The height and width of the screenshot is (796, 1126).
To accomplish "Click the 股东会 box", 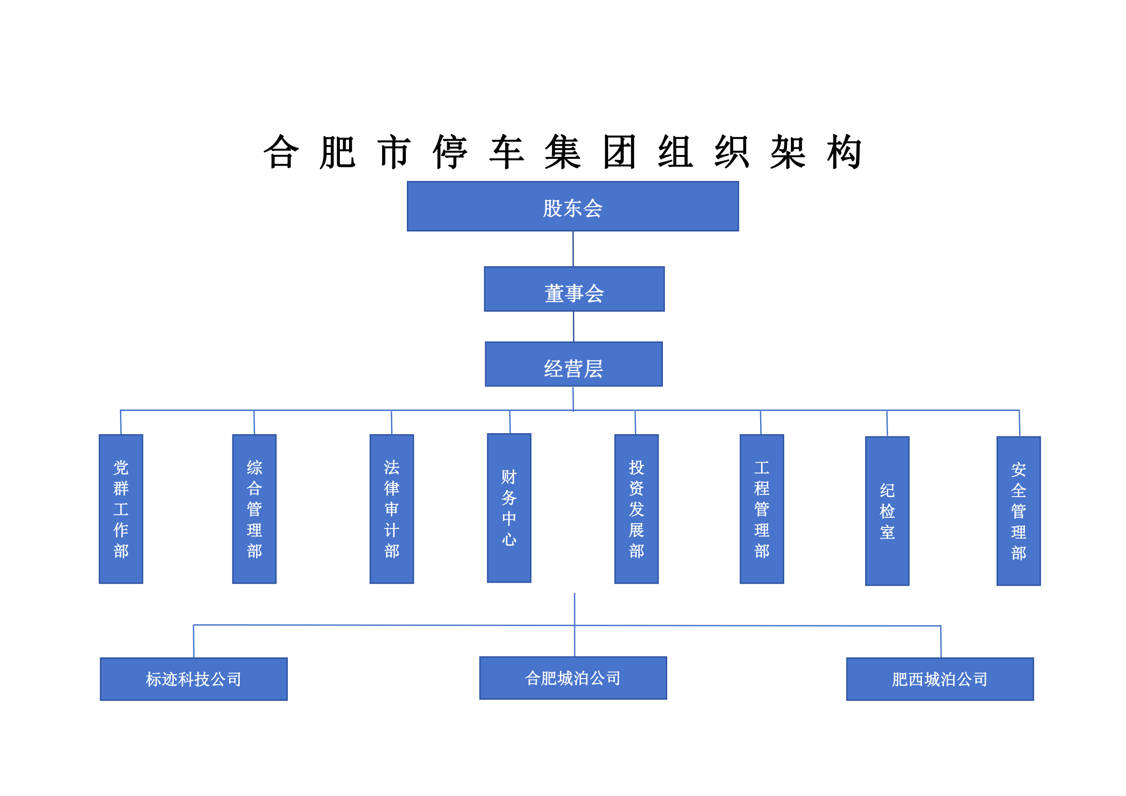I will click(x=573, y=206).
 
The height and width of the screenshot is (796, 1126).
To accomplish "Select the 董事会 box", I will click(x=574, y=289).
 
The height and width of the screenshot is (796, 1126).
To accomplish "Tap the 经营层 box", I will click(x=574, y=364).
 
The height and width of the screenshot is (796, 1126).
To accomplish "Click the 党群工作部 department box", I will click(x=121, y=509).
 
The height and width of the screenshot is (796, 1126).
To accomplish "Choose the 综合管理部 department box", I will click(x=255, y=509).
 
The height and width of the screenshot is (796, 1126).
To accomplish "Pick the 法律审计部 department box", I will click(x=392, y=509).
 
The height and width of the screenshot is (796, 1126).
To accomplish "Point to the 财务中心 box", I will click(x=509, y=508).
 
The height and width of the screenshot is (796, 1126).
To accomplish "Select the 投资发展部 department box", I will click(x=636, y=509).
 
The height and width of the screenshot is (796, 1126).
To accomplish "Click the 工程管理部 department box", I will click(x=762, y=509).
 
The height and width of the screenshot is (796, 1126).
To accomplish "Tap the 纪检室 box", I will click(x=887, y=511).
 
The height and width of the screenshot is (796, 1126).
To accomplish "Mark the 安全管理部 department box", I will click(x=1019, y=511).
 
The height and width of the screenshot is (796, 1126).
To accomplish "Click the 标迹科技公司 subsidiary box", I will click(x=194, y=679).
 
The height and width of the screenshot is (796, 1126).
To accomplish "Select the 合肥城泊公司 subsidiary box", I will click(x=573, y=678).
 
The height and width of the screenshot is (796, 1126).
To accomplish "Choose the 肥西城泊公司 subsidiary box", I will click(x=940, y=679).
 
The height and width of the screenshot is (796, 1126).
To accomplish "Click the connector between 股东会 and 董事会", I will click(x=573, y=249).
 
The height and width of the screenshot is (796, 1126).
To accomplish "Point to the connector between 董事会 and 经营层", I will click(x=574, y=326).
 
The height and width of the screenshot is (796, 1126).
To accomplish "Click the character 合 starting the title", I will click(x=281, y=152).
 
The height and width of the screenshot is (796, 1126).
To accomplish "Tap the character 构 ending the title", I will click(x=844, y=152).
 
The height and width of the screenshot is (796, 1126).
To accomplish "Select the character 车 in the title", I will click(x=506, y=152).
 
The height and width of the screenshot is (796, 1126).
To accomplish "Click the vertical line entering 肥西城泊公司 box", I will click(x=941, y=642).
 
